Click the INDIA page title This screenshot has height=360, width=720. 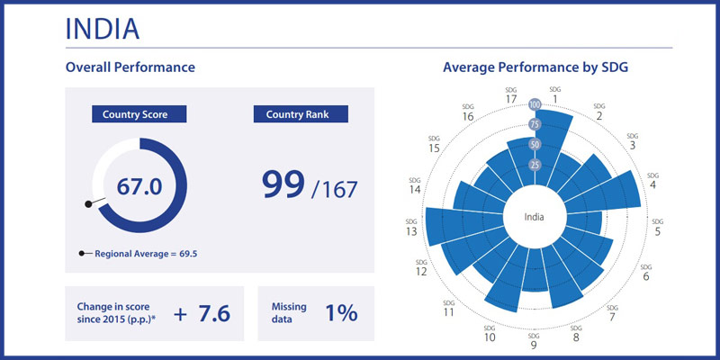coord(102,28)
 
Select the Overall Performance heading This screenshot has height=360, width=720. coord(130,67)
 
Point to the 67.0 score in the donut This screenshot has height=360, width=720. coord(139,186)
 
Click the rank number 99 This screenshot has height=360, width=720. coord(282,184)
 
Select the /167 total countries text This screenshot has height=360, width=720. coord(334,190)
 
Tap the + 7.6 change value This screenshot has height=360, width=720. coord(202,313)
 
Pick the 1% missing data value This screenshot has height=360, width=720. coord(341,313)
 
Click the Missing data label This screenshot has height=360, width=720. coord(289,313)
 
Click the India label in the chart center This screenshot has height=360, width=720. coord(535,216)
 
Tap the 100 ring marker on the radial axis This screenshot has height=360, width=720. coord(535,105)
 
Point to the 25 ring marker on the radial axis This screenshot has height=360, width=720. coord(535,165)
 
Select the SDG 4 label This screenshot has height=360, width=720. coord(652,180)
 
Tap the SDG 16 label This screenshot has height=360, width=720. coord(467,112)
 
